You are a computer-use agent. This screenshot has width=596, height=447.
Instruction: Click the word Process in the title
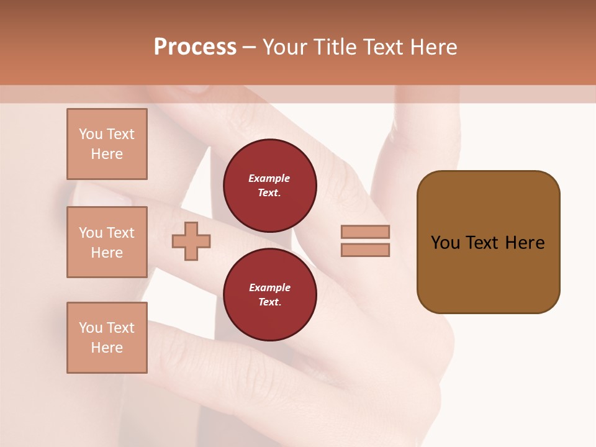[x=195, y=47]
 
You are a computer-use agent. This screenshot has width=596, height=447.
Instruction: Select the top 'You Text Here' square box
[x=107, y=144]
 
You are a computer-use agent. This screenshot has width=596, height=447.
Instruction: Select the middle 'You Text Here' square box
[x=107, y=242]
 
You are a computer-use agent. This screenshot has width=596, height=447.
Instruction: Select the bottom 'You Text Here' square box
[x=107, y=338]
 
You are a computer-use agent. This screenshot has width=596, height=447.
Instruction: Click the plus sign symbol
[x=191, y=241]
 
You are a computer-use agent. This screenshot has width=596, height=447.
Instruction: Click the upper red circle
[x=270, y=186]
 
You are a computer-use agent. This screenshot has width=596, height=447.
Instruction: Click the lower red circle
[x=270, y=295]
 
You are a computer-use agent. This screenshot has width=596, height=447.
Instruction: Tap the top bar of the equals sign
[x=365, y=232]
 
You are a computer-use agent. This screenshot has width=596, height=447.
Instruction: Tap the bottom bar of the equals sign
[x=365, y=250]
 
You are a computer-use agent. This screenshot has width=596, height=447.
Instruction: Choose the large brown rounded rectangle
[x=488, y=242]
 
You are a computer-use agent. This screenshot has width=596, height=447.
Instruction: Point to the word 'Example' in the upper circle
[x=269, y=178]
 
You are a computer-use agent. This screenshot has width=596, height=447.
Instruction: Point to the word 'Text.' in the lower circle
[x=270, y=302]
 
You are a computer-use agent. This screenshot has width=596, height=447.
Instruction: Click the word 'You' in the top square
[x=91, y=134]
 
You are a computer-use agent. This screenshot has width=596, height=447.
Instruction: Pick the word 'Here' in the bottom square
[x=107, y=348]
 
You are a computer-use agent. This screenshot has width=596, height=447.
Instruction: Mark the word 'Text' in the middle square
[x=120, y=233]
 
